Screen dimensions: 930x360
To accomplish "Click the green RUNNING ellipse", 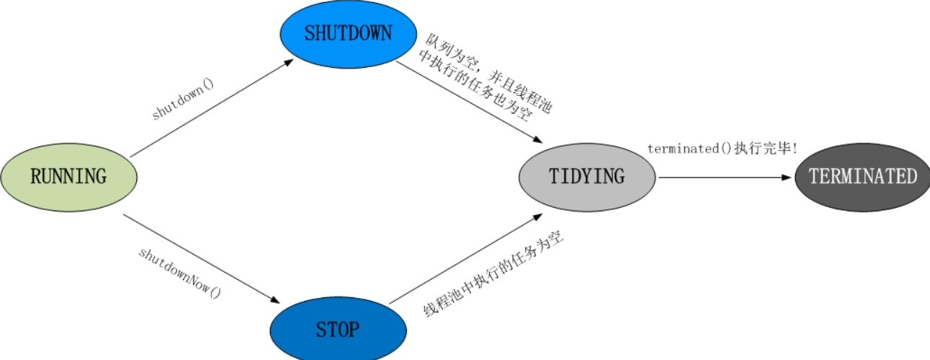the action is pyautogui.click(x=69, y=176).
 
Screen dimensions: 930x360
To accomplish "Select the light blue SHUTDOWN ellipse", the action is pyautogui.click(x=348, y=33).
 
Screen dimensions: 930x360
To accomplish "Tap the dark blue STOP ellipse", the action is pyautogui.click(x=337, y=330).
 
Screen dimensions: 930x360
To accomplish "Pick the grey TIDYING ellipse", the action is pyautogui.click(x=587, y=177).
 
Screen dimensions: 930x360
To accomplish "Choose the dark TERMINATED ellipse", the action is pyautogui.click(x=862, y=177).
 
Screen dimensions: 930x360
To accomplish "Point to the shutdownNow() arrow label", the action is pyautogui.click(x=180, y=273).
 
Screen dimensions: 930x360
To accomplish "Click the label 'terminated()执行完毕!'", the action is pyautogui.click(x=722, y=149).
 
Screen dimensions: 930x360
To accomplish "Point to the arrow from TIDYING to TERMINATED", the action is pyautogui.click(x=721, y=177).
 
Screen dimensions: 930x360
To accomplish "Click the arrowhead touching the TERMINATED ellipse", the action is pyautogui.click(x=787, y=177).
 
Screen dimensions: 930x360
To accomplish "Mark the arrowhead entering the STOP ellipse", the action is pyautogui.click(x=275, y=300).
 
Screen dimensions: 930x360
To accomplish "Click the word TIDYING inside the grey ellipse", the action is pyautogui.click(x=587, y=177).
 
